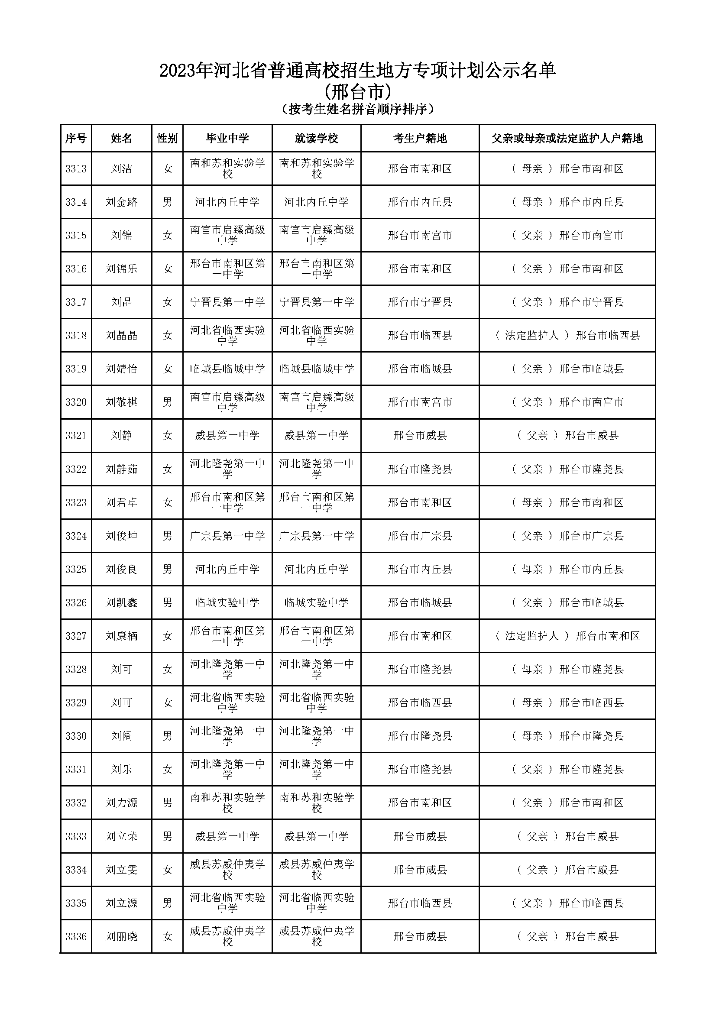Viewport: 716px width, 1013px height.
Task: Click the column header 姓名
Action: coord(121,139)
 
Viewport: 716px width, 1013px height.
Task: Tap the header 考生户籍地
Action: coord(420,139)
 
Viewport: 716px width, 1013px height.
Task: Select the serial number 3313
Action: coord(76,168)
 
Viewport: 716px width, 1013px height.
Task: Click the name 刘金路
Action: coord(121,202)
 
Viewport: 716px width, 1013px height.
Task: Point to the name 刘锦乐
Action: coord(121,269)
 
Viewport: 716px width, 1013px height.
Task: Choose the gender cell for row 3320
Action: coord(167,402)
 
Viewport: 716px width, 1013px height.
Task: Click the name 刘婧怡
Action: coord(121,369)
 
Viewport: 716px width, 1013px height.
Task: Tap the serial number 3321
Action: coord(76,435)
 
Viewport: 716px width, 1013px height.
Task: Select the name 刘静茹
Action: coord(121,469)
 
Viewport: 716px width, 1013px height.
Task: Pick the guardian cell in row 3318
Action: coord(567,335)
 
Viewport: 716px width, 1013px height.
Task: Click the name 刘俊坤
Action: coord(121,536)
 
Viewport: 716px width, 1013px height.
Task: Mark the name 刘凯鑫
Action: coord(121,602)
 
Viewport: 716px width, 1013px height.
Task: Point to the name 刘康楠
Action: coord(121,636)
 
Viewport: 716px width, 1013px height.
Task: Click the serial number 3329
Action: coord(76,702)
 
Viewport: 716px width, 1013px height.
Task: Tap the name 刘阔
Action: coord(121,736)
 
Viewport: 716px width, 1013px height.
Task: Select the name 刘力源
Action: coord(121,803)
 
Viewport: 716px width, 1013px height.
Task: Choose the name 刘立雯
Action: coord(121,870)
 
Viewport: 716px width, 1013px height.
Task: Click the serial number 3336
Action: coord(76,936)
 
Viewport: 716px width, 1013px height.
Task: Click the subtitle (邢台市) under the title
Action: coord(358,92)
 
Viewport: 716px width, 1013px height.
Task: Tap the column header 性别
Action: coord(167,139)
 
